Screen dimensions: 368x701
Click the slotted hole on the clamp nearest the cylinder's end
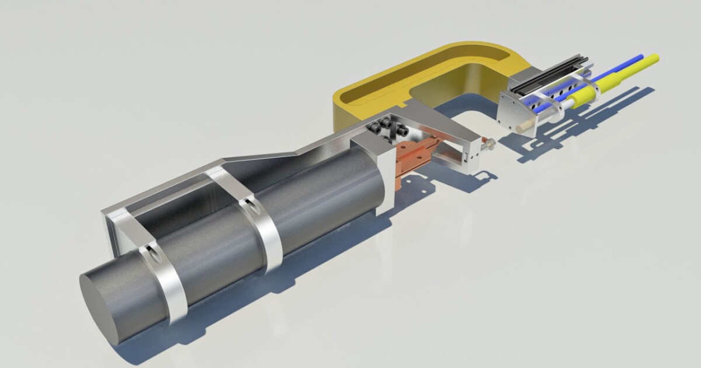154,253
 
